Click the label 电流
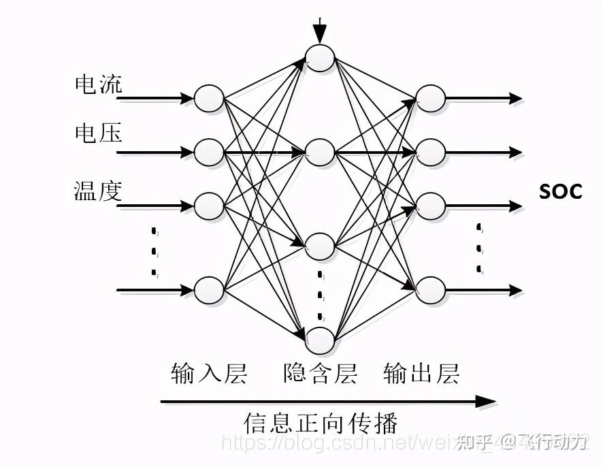(98, 84)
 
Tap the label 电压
(98, 133)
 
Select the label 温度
(98, 191)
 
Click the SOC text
(561, 192)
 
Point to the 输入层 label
(209, 374)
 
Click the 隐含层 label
(320, 374)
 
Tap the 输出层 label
(421, 374)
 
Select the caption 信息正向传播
(320, 423)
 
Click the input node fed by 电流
(209, 99)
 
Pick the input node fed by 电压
(209, 152)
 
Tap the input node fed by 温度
(209, 205)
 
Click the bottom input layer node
(209, 291)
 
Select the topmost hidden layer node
(320, 58)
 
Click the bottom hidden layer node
(320, 341)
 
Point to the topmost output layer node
(431, 99)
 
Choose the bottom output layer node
(431, 291)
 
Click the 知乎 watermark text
(474, 442)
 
